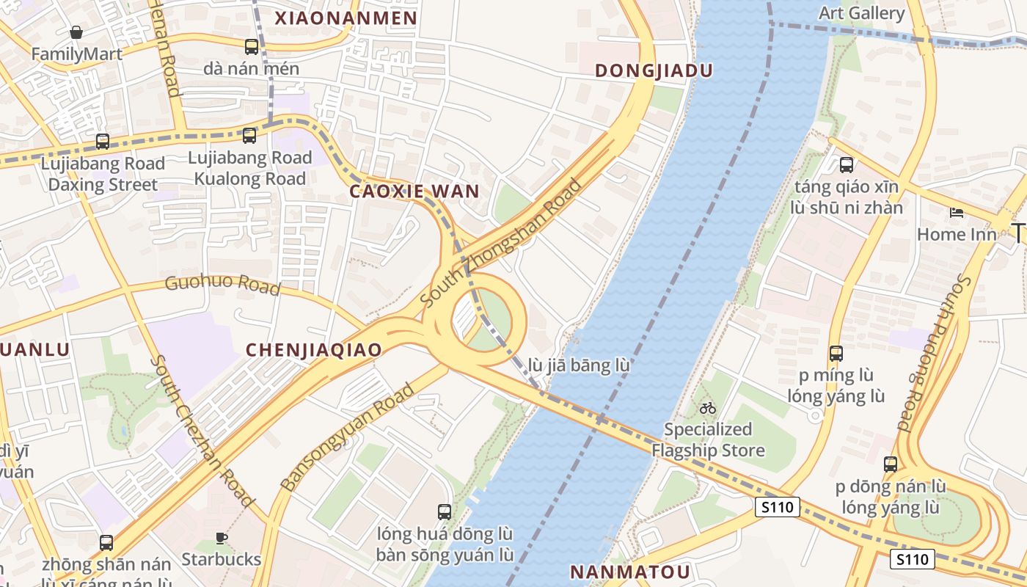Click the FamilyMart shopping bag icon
pyautogui.click(x=76, y=32)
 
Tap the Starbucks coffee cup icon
pyautogui.click(x=222, y=539)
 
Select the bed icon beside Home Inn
pyautogui.click(x=957, y=213)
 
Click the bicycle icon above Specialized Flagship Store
pyautogui.click(x=708, y=408)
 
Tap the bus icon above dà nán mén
pyautogui.click(x=252, y=47)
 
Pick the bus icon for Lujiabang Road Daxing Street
pyautogui.click(x=103, y=141)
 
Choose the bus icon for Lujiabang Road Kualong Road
pyautogui.click(x=249, y=136)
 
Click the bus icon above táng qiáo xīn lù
pyautogui.click(x=847, y=165)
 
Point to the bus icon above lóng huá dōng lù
pyautogui.click(x=445, y=512)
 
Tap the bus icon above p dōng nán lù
pyautogui.click(x=891, y=464)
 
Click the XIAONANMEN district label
pyautogui.click(x=346, y=18)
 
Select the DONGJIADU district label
pyautogui.click(x=654, y=70)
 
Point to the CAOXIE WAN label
pyautogui.click(x=414, y=192)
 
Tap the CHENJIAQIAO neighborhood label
pyautogui.click(x=314, y=350)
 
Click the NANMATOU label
pyautogui.click(x=630, y=572)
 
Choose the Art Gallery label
pyautogui.click(x=861, y=13)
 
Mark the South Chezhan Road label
pyautogui.click(x=202, y=431)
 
